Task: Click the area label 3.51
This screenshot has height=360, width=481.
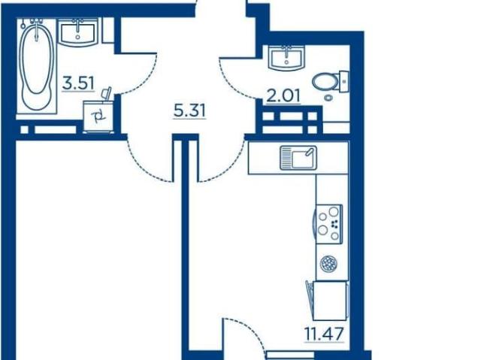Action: [x=78, y=83]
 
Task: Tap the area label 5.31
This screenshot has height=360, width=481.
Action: [x=189, y=110]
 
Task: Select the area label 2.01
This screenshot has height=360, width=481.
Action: [x=283, y=96]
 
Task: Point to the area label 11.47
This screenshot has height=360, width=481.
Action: [x=324, y=334]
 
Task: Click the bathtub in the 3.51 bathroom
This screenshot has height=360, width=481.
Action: [x=37, y=65]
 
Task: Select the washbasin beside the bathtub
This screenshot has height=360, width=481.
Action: [x=78, y=32]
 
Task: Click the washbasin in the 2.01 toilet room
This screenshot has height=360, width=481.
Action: [x=286, y=59]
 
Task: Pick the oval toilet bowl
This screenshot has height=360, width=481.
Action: [x=325, y=82]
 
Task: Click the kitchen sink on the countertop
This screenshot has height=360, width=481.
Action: [x=298, y=158]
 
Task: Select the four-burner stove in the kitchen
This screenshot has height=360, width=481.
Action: [x=329, y=224]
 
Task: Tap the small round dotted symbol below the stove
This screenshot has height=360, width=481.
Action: [x=329, y=263]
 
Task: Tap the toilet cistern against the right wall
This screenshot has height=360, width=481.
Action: [x=343, y=81]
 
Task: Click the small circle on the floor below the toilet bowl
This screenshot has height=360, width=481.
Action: [x=328, y=97]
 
